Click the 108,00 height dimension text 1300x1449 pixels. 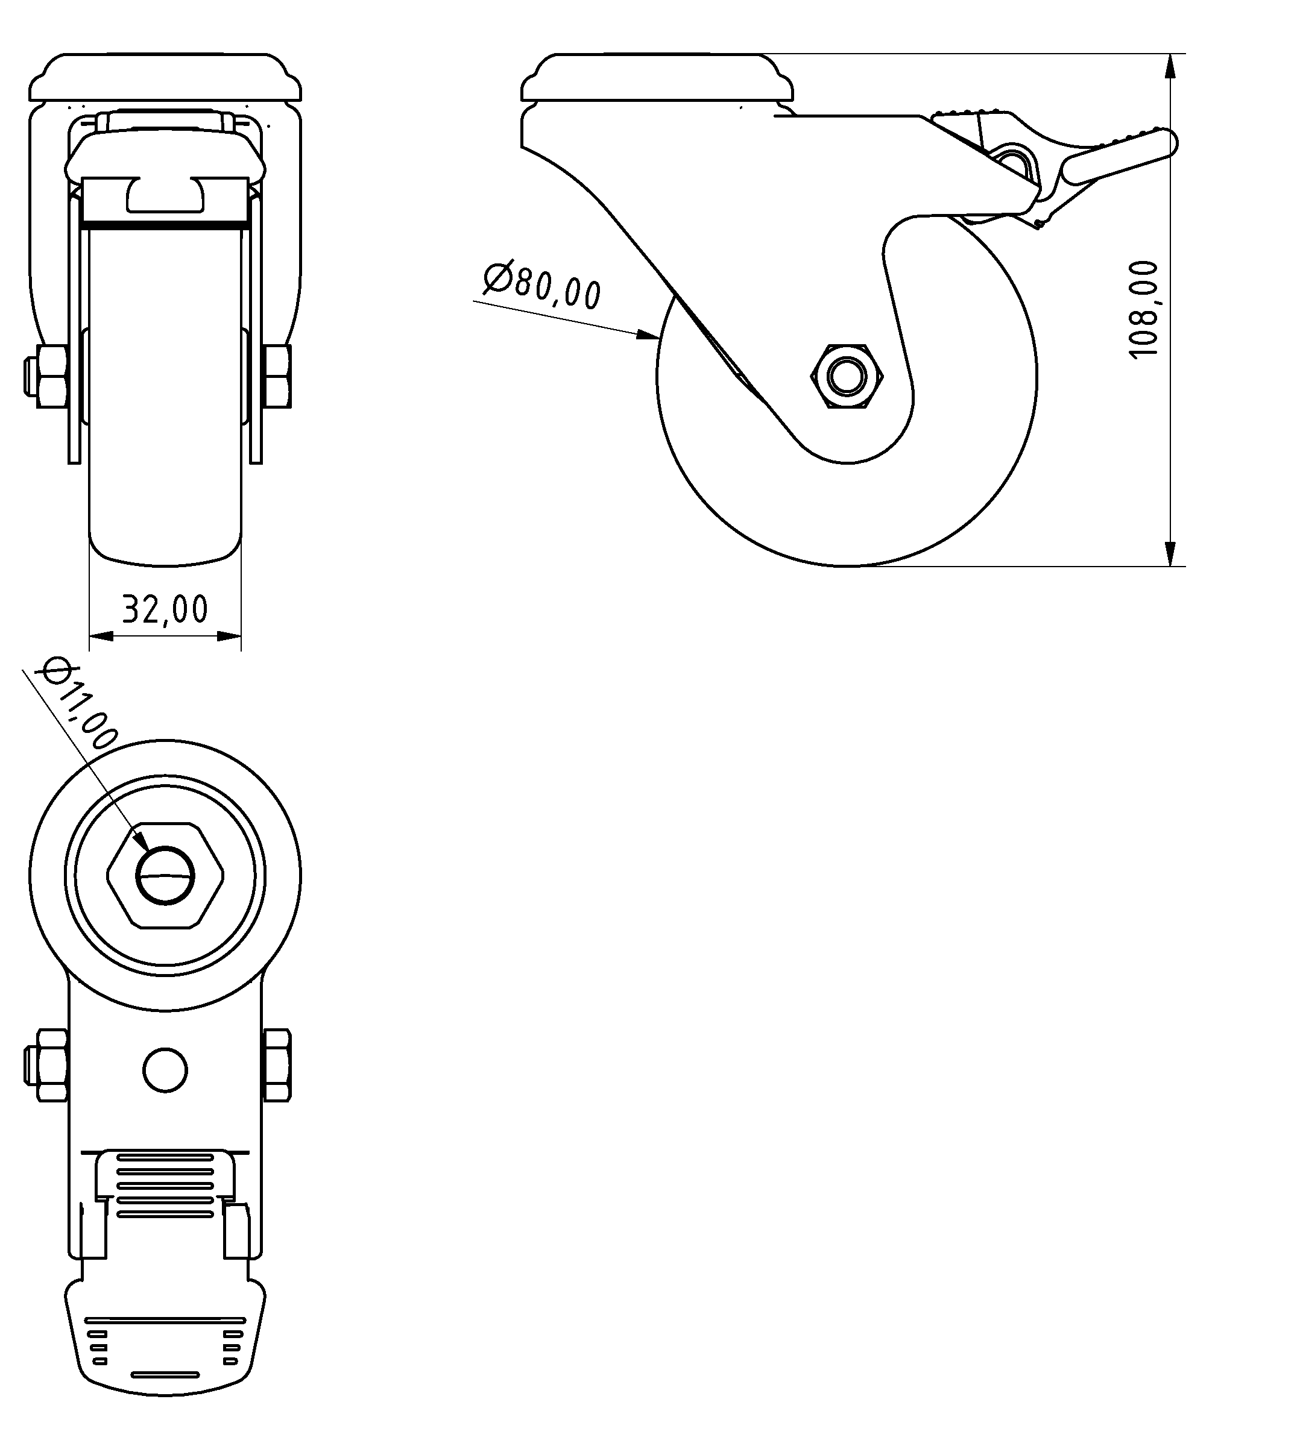(x=1143, y=309)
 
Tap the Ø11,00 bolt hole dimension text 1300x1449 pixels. (x=79, y=704)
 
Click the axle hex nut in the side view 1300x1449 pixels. (x=848, y=376)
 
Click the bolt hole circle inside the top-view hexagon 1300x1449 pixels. (x=165, y=876)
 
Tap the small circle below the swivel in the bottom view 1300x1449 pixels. (x=165, y=1070)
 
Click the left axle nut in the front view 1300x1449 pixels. (x=51, y=376)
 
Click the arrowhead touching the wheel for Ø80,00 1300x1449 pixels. (x=647, y=333)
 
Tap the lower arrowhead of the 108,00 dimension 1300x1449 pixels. (x=1170, y=553)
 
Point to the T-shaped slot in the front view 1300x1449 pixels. (x=165, y=196)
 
